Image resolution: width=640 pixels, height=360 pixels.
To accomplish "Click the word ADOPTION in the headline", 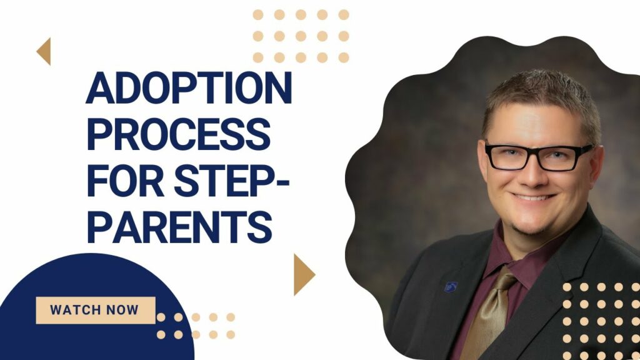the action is pos(189,87).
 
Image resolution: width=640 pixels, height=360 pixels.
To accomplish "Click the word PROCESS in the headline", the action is pos(179,134).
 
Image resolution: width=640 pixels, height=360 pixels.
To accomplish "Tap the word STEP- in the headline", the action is pos(231,181).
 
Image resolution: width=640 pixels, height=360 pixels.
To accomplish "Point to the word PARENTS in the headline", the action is pos(179,227).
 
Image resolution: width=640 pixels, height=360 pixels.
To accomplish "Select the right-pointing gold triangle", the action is pos(304,274).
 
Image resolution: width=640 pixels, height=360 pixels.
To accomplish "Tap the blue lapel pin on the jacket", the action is pos(451,286).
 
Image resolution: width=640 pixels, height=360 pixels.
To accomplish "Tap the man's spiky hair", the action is pos(541,96).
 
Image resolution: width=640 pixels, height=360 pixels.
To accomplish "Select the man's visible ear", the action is pos(597,165).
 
